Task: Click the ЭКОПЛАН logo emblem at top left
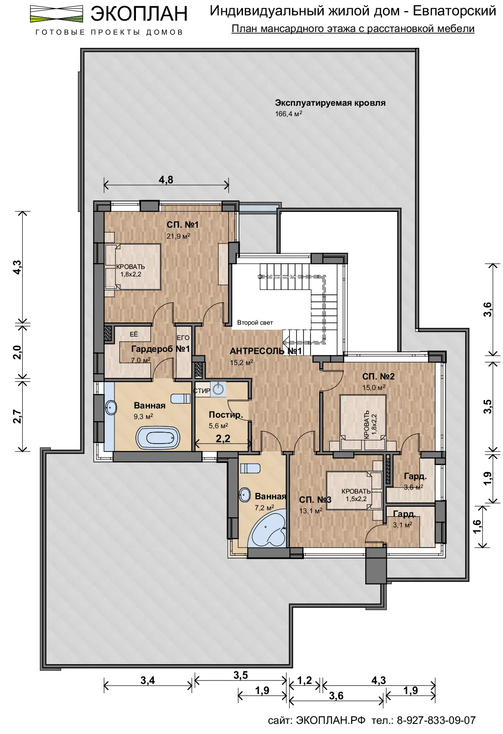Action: tap(56, 14)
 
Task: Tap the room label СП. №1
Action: tap(182, 225)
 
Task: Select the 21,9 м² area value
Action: tap(178, 236)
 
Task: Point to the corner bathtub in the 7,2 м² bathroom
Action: tap(267, 528)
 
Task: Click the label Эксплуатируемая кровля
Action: tap(330, 103)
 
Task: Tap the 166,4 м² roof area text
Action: tap(288, 114)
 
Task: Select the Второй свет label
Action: tap(255, 322)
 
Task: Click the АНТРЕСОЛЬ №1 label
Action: tap(266, 351)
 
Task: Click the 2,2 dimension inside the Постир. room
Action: tap(223, 438)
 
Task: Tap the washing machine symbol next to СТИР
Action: tap(218, 389)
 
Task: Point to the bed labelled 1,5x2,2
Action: tap(354, 490)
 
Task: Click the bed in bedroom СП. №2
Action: tap(363, 422)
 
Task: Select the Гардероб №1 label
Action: tap(161, 349)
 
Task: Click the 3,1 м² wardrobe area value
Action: tap(403, 525)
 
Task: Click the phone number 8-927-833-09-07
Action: tap(436, 720)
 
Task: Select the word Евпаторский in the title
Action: tap(454, 11)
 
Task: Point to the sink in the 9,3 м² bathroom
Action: tap(111, 408)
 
